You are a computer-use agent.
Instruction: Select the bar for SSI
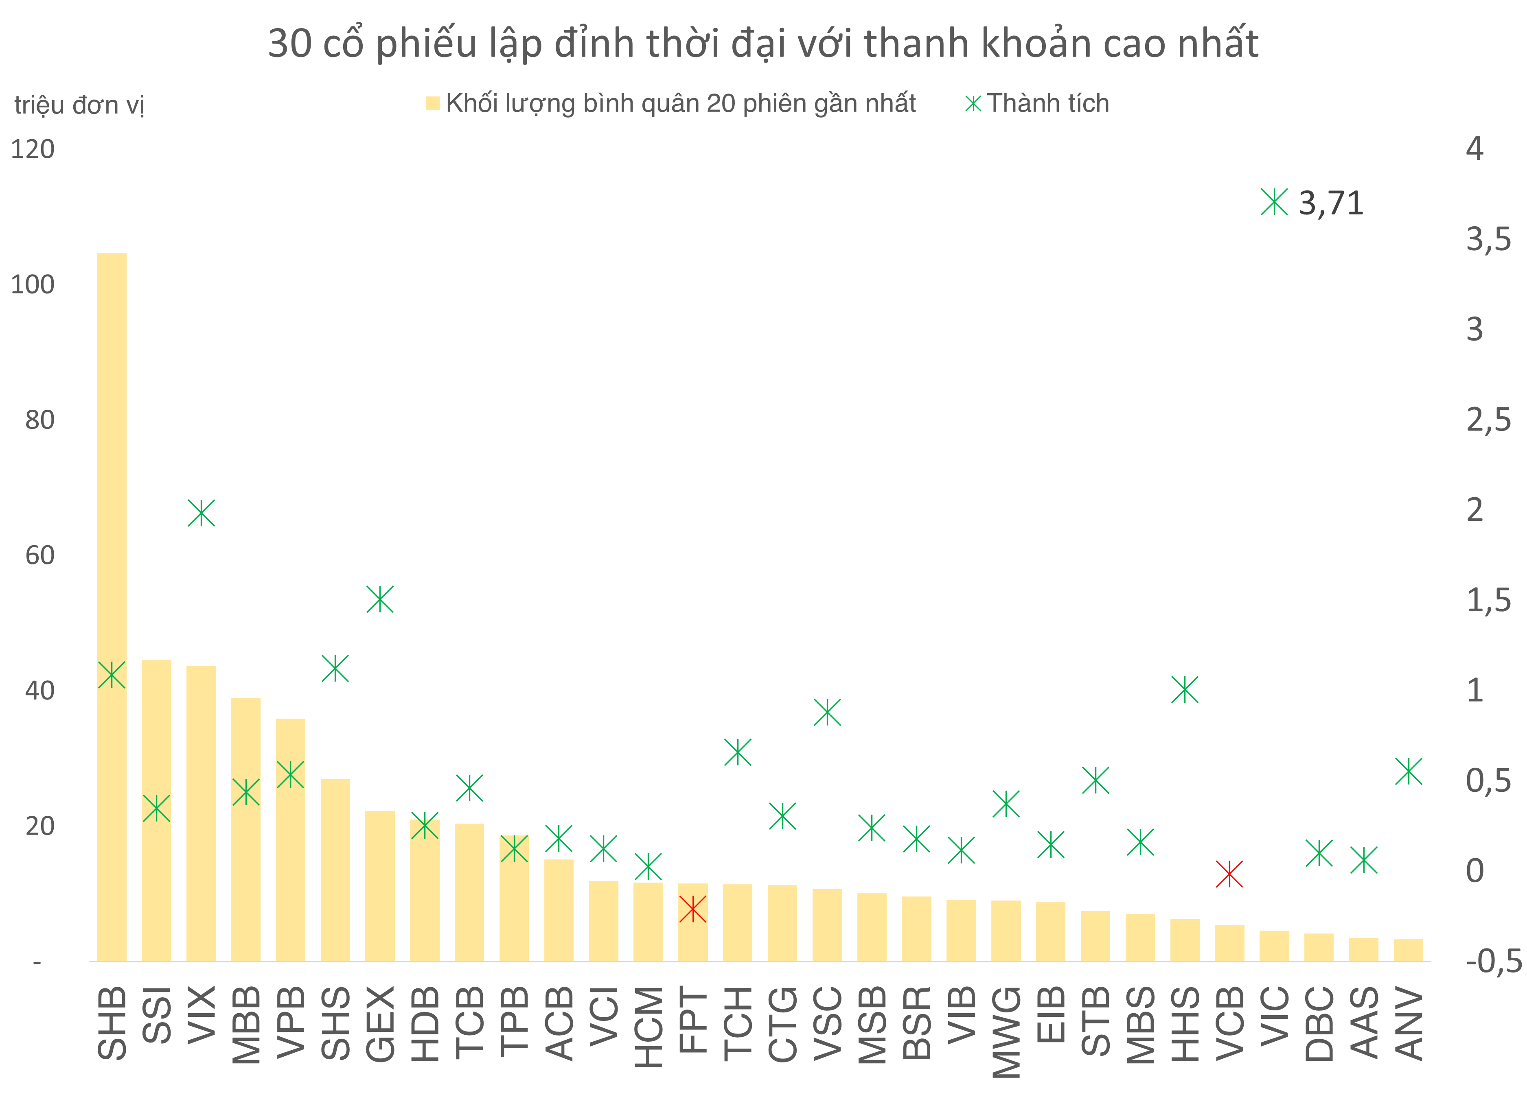coord(156,875)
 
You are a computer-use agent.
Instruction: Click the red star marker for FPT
coord(693,909)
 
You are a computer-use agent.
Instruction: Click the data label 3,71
coord(1330,203)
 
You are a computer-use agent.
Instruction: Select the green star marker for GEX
coord(380,599)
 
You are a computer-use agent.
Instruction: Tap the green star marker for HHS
coord(1185,689)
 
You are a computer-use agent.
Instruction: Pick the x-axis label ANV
coord(1409,1023)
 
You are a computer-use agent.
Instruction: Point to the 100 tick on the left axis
coord(32,285)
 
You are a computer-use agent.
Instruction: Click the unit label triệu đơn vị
coord(79,105)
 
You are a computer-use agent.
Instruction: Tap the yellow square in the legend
coord(432,103)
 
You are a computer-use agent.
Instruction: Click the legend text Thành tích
coord(1047,103)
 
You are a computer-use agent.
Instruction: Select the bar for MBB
coord(246,875)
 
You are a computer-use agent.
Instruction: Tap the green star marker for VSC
coord(828,712)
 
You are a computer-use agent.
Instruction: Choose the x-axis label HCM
coord(648,1027)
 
